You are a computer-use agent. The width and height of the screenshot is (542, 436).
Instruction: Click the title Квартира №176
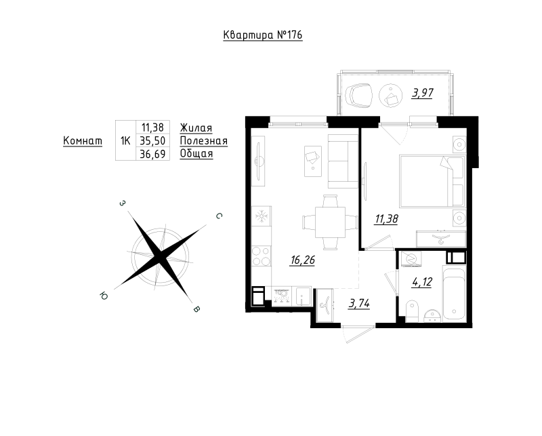pyautogui.click(x=263, y=35)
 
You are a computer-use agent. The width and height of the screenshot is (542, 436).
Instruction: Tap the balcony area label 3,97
pyautogui.click(x=422, y=93)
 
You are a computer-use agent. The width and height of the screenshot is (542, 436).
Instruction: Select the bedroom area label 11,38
pyautogui.click(x=386, y=219)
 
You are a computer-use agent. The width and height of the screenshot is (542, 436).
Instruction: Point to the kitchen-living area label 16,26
pyautogui.click(x=302, y=260)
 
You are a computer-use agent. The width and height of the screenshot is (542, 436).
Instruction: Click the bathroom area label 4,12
pyautogui.click(x=422, y=282)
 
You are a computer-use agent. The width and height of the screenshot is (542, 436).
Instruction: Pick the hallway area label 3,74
pyautogui.click(x=359, y=304)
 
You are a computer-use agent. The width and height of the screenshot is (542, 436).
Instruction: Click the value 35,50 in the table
pyautogui.click(x=152, y=140)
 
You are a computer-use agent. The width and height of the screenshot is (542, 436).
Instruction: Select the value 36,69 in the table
pyautogui.click(x=152, y=154)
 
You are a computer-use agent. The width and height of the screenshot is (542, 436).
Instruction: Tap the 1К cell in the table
pyautogui.click(x=125, y=140)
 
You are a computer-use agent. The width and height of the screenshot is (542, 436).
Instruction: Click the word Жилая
pyautogui.click(x=196, y=128)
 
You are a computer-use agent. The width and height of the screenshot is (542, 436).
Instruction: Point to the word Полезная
pyautogui.click(x=204, y=141)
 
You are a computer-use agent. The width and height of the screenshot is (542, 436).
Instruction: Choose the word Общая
pyautogui.click(x=196, y=154)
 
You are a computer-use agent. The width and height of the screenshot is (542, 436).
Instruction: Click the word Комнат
pyautogui.click(x=83, y=141)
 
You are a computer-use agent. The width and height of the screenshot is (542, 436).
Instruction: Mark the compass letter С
pyautogui.click(x=219, y=216)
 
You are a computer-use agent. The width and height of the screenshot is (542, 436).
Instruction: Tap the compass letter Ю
pyautogui.click(x=104, y=296)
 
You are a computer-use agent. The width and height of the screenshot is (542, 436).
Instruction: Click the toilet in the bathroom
pyautogui.click(x=412, y=311)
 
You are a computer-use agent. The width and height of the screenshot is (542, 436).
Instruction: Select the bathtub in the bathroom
pyautogui.click(x=455, y=294)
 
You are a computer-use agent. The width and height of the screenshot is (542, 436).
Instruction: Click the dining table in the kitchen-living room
pyautogui.click(x=330, y=222)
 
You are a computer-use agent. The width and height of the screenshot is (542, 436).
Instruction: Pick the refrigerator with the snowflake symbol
pyautogui.click(x=262, y=217)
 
